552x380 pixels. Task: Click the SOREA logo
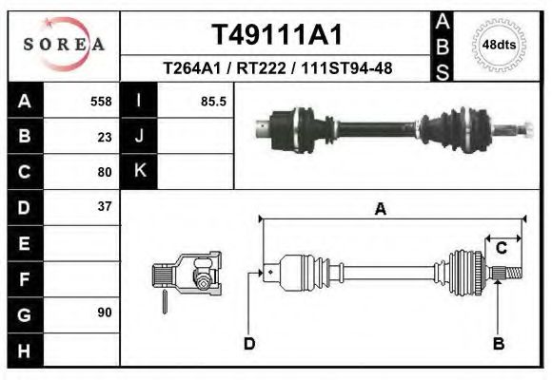[64, 44]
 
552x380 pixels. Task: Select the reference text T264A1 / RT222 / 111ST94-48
[275, 68]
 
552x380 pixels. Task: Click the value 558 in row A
[100, 102]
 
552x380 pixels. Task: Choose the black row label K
[139, 172]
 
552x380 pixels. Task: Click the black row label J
[139, 137]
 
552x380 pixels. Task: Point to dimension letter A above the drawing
[380, 210]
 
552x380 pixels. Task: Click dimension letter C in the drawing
[501, 248]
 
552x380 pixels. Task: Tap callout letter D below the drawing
[249, 344]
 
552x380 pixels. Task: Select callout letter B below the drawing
[498, 344]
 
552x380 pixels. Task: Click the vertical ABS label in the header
[443, 45]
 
